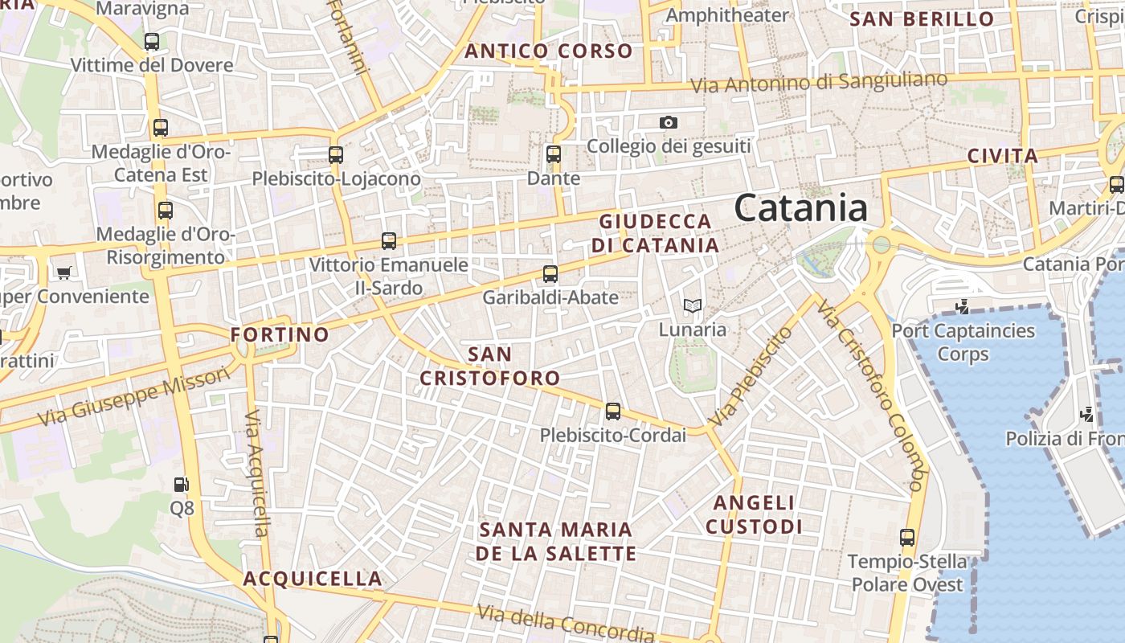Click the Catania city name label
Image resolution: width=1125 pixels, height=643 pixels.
tap(800, 208)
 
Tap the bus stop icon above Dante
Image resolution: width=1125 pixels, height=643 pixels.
tap(553, 154)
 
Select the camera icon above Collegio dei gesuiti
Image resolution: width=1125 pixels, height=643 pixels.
tap(668, 122)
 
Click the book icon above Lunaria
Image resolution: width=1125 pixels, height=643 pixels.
tap(692, 305)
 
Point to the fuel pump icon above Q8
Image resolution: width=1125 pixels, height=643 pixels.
tap(182, 484)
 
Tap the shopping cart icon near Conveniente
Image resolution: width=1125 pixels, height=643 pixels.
tap(63, 272)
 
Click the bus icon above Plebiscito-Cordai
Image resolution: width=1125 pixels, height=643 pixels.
tap(613, 412)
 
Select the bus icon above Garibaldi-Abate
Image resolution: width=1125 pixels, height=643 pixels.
tap(550, 273)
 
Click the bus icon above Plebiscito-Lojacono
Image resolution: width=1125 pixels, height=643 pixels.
tap(336, 154)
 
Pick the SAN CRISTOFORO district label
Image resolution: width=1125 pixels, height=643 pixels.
tap(489, 366)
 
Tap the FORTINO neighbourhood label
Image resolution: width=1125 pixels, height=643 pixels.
tap(280, 334)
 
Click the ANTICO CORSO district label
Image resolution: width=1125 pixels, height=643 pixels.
tap(549, 51)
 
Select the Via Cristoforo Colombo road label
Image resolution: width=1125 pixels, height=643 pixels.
tap(869, 394)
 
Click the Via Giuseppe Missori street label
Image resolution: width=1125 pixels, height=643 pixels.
tap(133, 399)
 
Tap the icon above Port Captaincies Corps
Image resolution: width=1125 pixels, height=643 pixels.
tap(963, 306)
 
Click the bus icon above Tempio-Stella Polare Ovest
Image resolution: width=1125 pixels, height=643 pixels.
tap(907, 537)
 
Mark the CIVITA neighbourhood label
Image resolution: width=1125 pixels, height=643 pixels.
tap(1002, 156)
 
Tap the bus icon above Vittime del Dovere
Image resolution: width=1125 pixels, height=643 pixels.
tap(151, 41)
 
